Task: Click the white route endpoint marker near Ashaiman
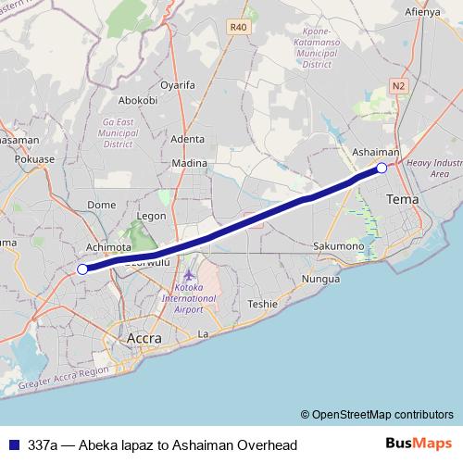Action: click(382, 168)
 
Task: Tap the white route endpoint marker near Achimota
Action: click(81, 269)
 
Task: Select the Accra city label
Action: click(136, 339)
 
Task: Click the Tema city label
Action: click(402, 199)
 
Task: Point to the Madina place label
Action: click(190, 164)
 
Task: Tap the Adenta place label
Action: click(188, 140)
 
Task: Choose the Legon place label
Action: click(151, 216)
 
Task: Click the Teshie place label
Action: click(263, 304)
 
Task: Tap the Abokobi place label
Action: click(139, 100)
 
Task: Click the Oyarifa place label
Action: click(178, 84)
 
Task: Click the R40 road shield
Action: click(239, 28)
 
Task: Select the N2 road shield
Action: click(399, 85)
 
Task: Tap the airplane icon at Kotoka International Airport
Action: click(189, 275)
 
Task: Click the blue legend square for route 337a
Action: click(13, 445)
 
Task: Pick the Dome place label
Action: click(101, 205)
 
